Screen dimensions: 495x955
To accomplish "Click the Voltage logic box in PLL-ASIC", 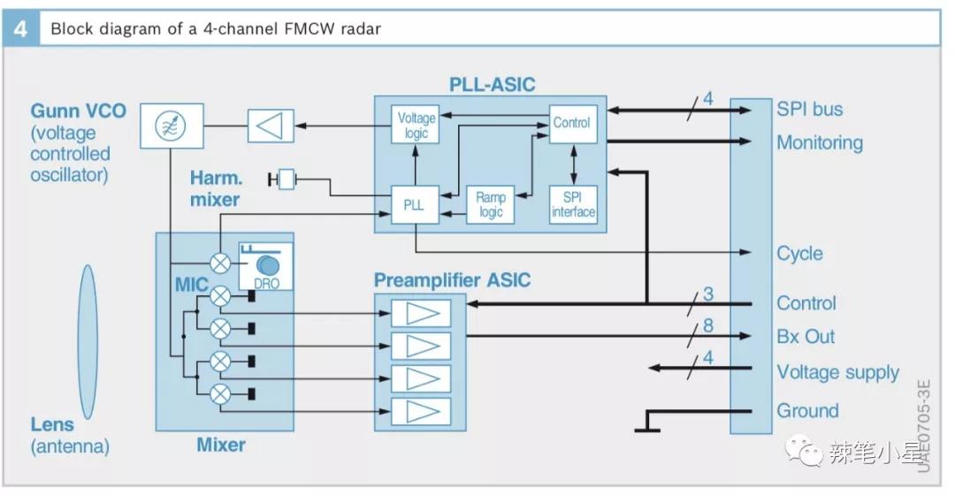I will [x=416, y=125].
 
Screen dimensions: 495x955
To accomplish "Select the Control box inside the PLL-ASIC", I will [x=572, y=124].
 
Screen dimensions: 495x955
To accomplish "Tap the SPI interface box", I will [x=572, y=205].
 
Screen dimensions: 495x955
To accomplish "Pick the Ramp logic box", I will [x=491, y=205].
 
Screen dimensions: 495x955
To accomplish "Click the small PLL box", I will [x=414, y=205].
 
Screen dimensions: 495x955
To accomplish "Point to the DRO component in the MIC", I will [x=266, y=266].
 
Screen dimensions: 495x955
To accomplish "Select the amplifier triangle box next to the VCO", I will [x=271, y=125].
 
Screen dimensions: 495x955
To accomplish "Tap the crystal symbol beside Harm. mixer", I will [x=286, y=180].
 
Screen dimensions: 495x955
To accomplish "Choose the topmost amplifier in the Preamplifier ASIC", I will [x=421, y=313].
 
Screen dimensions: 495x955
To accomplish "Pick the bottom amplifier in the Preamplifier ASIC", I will [x=421, y=411].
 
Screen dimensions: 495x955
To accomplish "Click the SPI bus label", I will [x=809, y=110].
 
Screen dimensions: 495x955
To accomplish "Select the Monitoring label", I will [x=819, y=142].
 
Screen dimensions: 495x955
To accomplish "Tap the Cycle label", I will [x=799, y=254].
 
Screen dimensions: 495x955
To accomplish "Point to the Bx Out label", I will [x=806, y=337].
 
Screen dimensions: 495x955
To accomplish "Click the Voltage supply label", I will [x=837, y=372].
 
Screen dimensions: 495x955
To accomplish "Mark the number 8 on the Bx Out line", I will [x=707, y=326].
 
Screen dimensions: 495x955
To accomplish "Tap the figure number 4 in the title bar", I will [x=21, y=28].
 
